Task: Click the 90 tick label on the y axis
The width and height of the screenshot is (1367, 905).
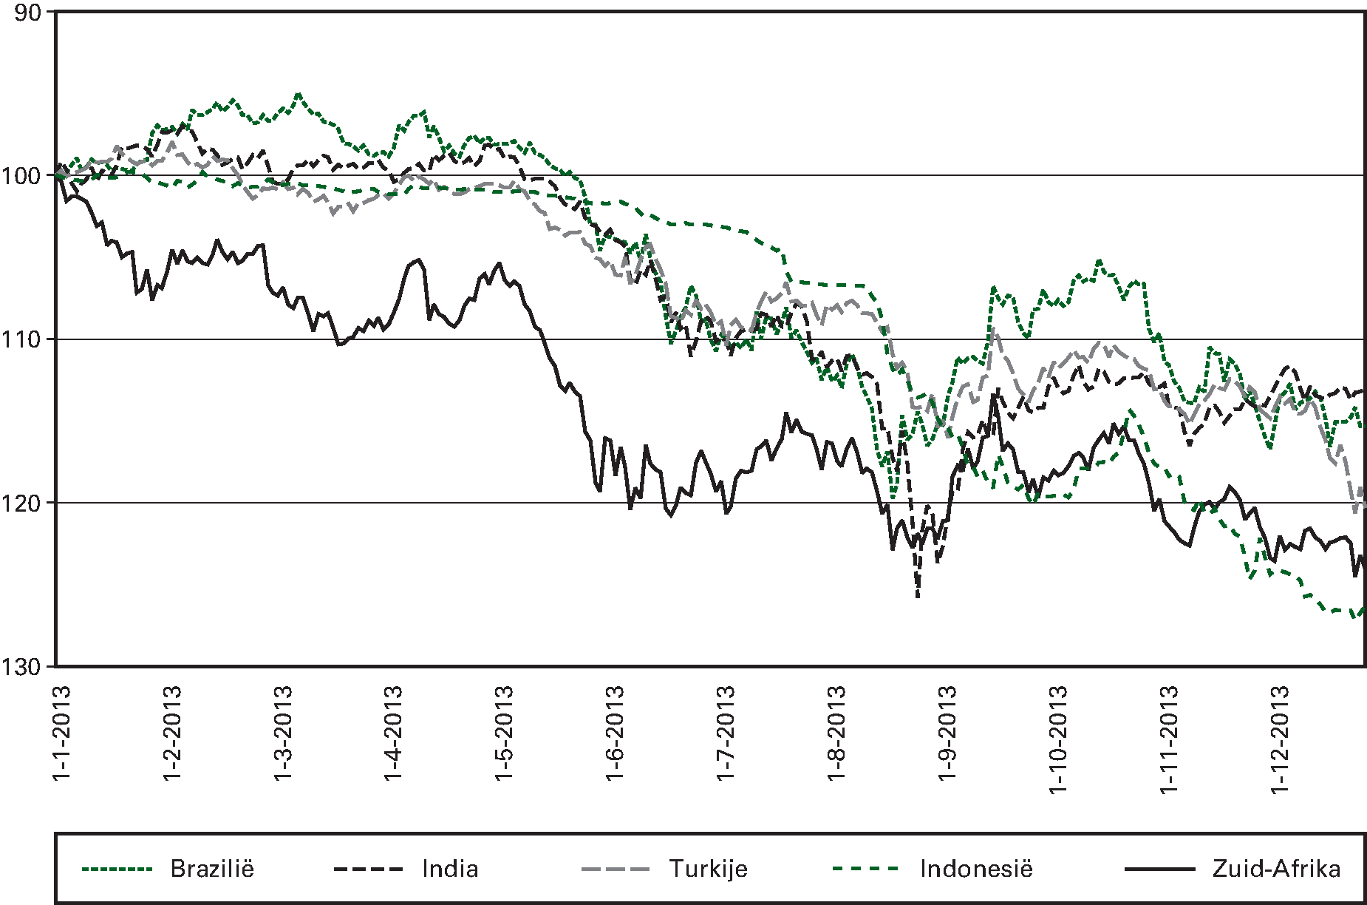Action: coord(28,13)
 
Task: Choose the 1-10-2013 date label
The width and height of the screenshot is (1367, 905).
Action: coord(1058,739)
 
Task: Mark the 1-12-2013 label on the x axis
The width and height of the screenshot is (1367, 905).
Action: coord(1280,739)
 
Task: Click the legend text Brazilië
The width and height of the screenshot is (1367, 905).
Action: coord(212,868)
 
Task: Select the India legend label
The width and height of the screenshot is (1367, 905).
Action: coord(450,868)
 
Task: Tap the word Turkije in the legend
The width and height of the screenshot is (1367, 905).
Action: coord(708,868)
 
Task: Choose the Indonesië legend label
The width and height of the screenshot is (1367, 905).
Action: coord(976,868)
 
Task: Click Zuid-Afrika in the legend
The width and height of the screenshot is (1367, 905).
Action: coord(1277,868)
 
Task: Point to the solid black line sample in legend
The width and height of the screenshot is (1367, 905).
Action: coord(1159,869)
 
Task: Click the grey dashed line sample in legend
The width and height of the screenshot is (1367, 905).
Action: coord(616,869)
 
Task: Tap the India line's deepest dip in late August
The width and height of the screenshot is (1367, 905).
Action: coord(918,596)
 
